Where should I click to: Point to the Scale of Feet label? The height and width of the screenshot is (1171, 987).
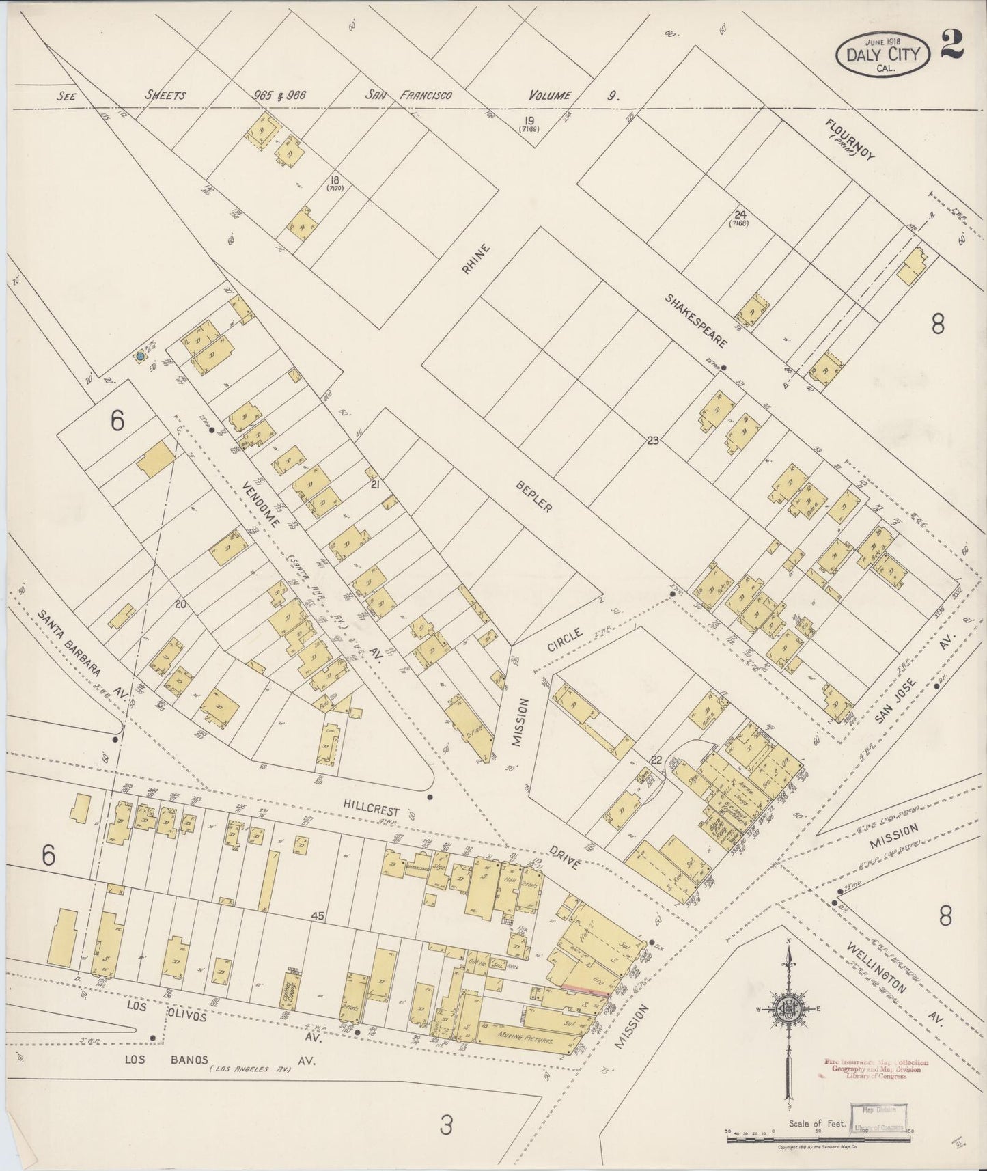tap(818, 1123)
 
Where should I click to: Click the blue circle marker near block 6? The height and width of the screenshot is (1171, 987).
tap(140, 356)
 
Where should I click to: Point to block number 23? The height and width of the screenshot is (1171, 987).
tap(653, 441)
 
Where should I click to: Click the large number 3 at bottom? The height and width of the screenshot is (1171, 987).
tap(445, 1125)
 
